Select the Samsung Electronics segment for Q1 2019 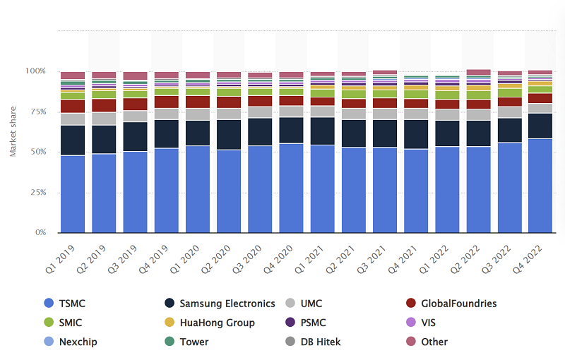[x=73, y=140]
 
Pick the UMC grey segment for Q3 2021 [x=385, y=114]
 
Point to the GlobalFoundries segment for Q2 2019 [x=104, y=105]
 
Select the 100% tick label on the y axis [x=35, y=71]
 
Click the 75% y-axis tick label [x=37, y=112]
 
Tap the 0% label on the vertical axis [x=41, y=232]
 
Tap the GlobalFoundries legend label [x=458, y=304]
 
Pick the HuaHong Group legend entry [x=217, y=323]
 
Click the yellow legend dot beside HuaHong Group [x=169, y=323]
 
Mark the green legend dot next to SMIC [x=48, y=323]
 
